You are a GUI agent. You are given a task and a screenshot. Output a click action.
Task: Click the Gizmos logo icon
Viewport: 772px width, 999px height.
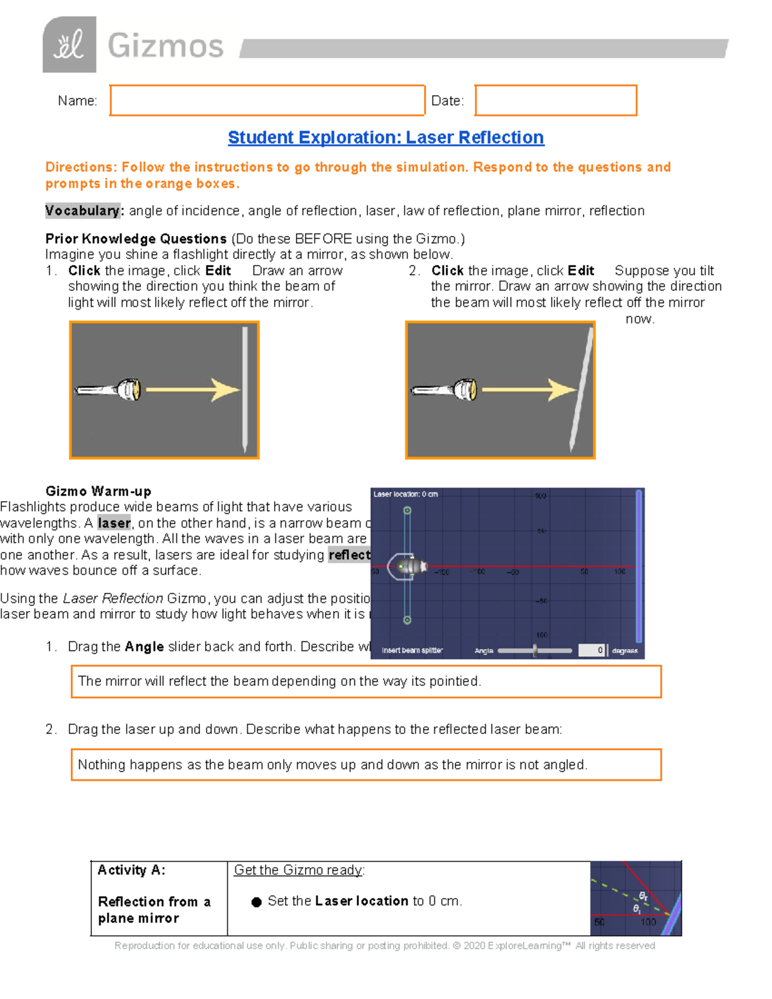point(69,45)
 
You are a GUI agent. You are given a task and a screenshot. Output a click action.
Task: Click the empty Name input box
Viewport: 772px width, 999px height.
point(267,100)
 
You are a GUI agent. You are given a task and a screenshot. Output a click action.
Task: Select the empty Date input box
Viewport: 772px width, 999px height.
point(556,100)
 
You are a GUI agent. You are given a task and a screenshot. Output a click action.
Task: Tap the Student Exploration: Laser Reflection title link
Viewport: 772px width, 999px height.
point(385,138)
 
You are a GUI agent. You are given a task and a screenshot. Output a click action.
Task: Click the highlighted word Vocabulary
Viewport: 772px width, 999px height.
point(82,211)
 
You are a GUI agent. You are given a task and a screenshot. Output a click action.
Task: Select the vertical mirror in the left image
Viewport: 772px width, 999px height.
point(245,389)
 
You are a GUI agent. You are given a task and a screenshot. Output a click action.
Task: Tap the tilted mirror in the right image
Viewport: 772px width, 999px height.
point(580,389)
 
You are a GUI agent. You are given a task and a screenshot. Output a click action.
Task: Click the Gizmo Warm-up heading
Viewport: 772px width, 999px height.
point(98,491)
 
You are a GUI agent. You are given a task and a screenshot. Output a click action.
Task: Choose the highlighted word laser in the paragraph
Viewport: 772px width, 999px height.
point(114,523)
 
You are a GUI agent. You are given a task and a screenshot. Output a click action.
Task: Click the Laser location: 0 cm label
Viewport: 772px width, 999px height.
point(405,494)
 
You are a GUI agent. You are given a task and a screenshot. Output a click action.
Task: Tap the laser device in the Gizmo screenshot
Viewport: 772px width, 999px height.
point(412,566)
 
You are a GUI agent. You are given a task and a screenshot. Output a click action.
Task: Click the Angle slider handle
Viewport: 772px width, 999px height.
point(535,650)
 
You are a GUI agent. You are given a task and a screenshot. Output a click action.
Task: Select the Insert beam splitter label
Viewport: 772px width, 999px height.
point(412,650)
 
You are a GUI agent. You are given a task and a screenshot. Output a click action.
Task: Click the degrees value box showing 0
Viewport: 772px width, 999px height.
point(591,650)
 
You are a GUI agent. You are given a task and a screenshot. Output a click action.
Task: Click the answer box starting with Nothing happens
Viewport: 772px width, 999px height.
point(366,765)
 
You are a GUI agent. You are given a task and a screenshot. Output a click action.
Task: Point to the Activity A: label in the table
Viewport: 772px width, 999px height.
point(131,870)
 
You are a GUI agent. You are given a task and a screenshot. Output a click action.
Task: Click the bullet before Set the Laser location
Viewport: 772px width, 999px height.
point(256,902)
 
